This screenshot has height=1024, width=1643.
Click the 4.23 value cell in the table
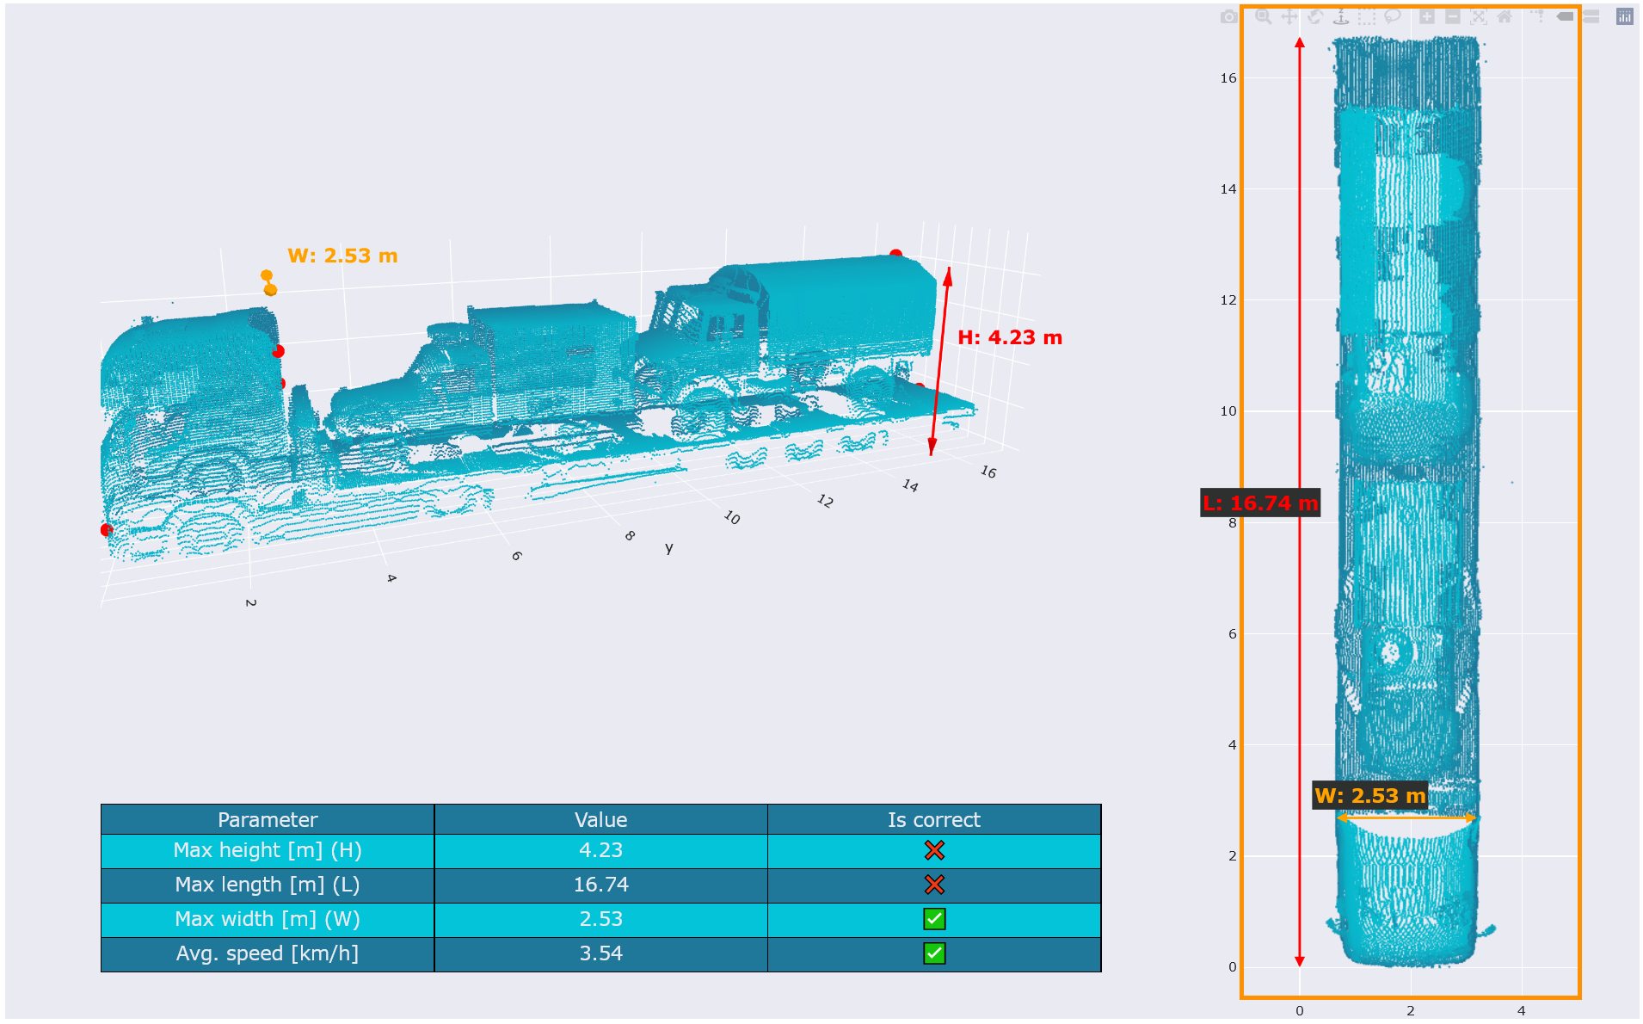click(x=600, y=850)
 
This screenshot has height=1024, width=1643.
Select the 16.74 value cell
click(x=600, y=885)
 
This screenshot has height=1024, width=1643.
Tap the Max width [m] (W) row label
click(x=268, y=919)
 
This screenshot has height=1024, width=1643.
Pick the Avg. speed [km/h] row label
click(x=268, y=953)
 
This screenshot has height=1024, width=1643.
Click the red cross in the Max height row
click(x=934, y=850)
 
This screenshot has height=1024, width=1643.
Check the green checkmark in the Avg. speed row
click(x=934, y=953)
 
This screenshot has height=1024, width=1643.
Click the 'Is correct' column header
click(x=934, y=819)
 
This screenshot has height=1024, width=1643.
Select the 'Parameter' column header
click(x=268, y=819)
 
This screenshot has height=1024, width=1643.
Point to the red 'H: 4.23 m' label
click(x=1010, y=337)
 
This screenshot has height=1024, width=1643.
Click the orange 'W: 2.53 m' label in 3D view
click(x=342, y=256)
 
